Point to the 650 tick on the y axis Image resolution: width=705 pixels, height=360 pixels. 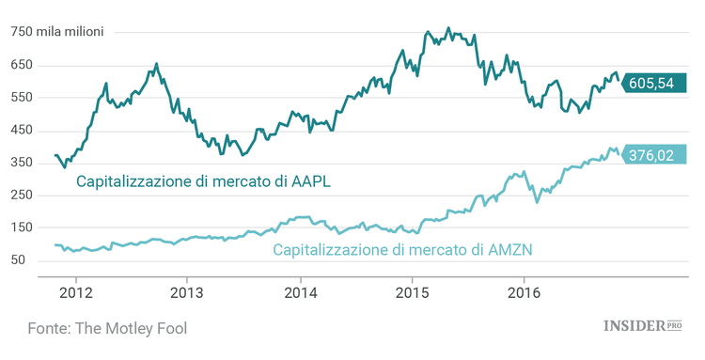(x=22, y=65)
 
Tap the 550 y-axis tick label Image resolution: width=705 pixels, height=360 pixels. (x=22, y=97)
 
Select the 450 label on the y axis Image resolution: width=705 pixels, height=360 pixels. (x=22, y=130)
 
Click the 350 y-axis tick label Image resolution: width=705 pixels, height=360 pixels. (x=22, y=163)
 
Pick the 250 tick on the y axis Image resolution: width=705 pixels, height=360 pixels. (x=22, y=195)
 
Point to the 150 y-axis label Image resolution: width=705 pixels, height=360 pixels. (x=22, y=227)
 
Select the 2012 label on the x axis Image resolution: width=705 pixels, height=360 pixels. (x=75, y=291)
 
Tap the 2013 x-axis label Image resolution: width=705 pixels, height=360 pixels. (x=187, y=291)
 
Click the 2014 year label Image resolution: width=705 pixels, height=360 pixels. (x=300, y=291)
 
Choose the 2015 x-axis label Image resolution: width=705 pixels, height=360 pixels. (x=412, y=291)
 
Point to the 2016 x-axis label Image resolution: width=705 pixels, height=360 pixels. (x=524, y=291)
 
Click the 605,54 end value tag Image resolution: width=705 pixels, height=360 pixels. (x=651, y=83)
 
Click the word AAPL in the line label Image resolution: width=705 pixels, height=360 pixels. (x=310, y=180)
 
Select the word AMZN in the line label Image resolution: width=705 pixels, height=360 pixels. (x=509, y=250)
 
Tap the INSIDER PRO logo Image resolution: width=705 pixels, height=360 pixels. (x=641, y=326)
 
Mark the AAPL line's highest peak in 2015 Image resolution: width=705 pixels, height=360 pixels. (x=447, y=28)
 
